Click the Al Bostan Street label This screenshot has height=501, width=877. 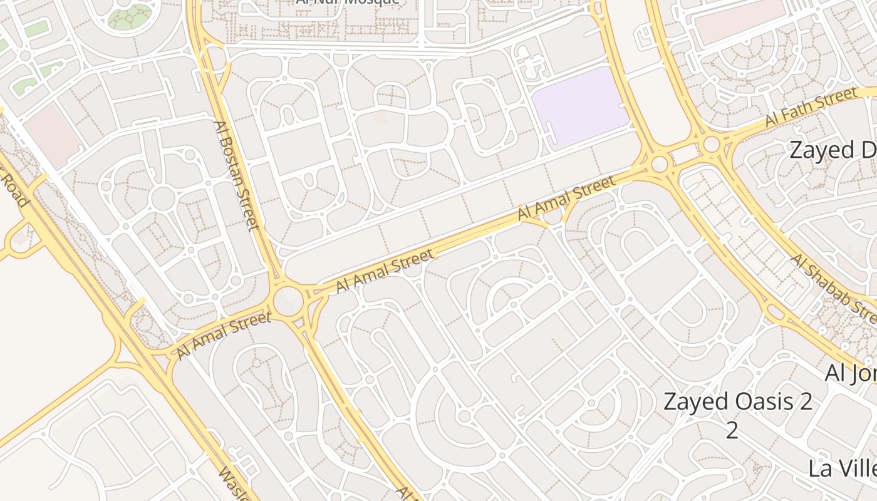coord(236,175)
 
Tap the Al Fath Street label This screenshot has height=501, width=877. coord(811,108)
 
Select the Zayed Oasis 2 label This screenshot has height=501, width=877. coord(738,401)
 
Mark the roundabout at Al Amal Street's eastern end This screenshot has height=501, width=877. coord(659,165)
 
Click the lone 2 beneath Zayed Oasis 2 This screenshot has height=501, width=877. coord(732,430)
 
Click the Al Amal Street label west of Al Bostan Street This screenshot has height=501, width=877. coord(224,336)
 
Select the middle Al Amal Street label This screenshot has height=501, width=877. coord(385,271)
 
